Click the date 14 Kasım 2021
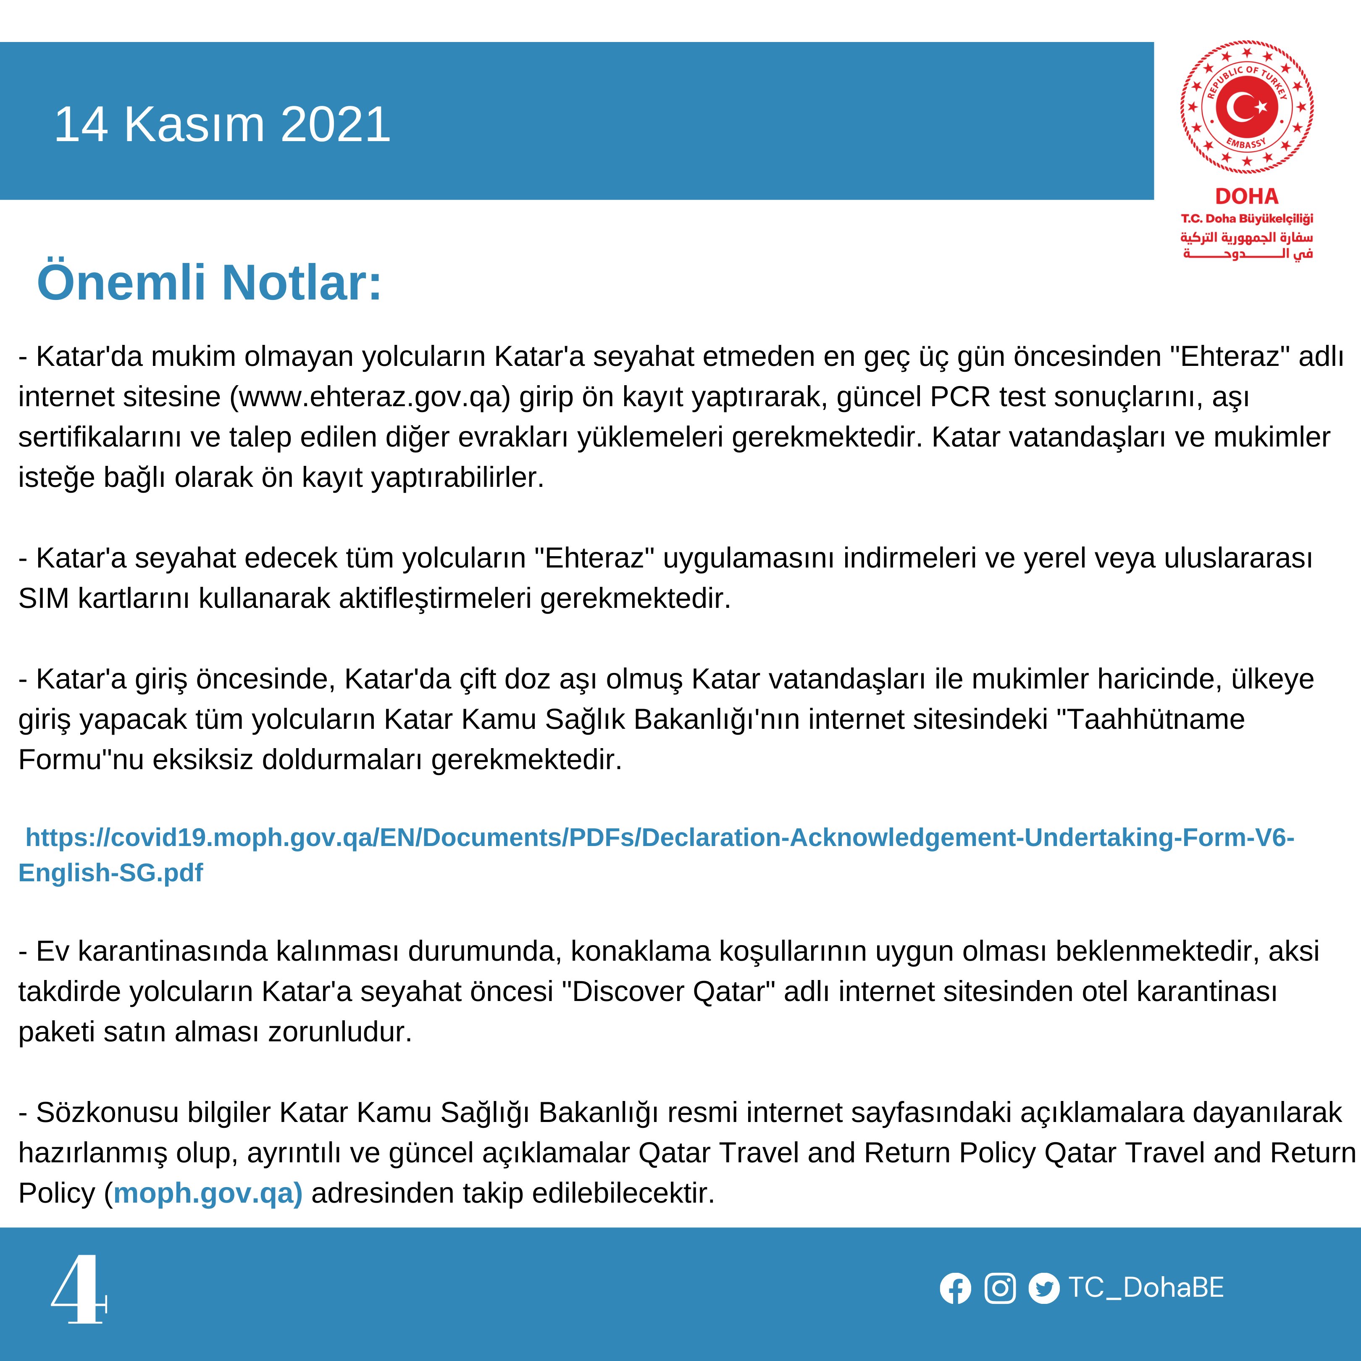[222, 125]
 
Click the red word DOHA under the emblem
[1246, 197]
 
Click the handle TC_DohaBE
[1146, 1288]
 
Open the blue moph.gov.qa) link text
[208, 1193]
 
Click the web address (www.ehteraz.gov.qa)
[370, 397]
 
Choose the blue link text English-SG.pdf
[110, 873]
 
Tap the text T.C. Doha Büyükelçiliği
[1246, 219]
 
